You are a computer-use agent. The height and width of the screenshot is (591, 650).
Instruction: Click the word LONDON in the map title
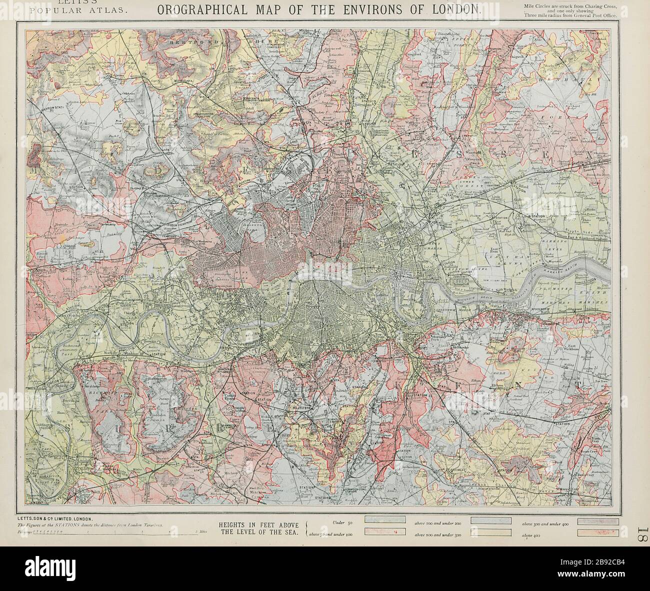[x=459, y=8]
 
